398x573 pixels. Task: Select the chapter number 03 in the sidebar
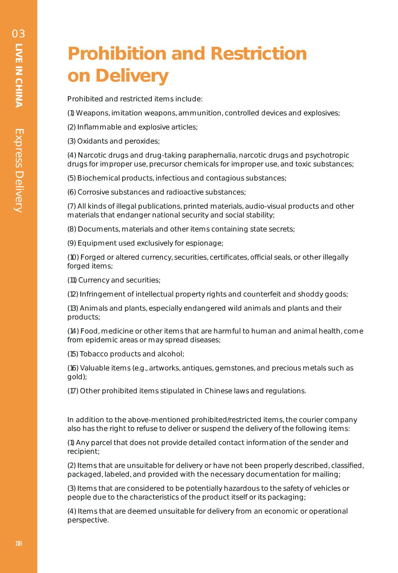19,34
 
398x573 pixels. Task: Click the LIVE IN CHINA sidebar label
19,75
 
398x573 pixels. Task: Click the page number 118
19,543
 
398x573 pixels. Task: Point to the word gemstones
235,368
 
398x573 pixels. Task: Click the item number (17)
73,391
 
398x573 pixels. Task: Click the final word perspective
87,520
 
